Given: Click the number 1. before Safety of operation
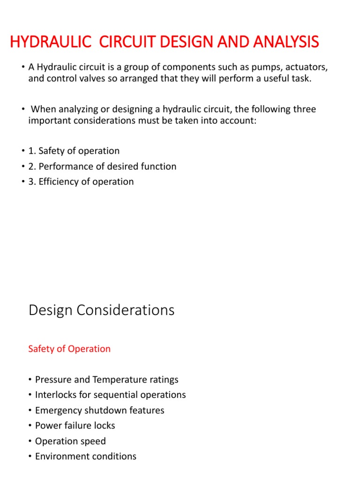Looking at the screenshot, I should pyautogui.click(x=32, y=151).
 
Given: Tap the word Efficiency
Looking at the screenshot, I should pyautogui.click(x=59, y=182).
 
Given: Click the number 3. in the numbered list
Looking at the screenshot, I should pyautogui.click(x=32, y=182).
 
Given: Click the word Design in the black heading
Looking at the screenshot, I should pyautogui.click(x=50, y=310).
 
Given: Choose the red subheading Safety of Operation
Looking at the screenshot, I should pyautogui.click(x=69, y=349).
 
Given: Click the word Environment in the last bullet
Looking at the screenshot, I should pyautogui.click(x=61, y=456).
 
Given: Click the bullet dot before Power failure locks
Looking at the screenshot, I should pyautogui.click(x=30, y=426).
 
